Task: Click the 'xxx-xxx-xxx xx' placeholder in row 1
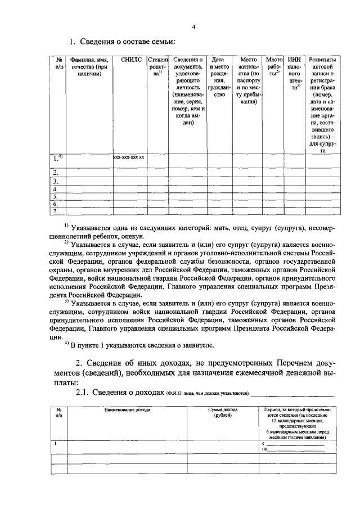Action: [129, 157]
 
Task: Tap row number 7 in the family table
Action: [56, 211]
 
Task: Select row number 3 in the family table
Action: [56, 182]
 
